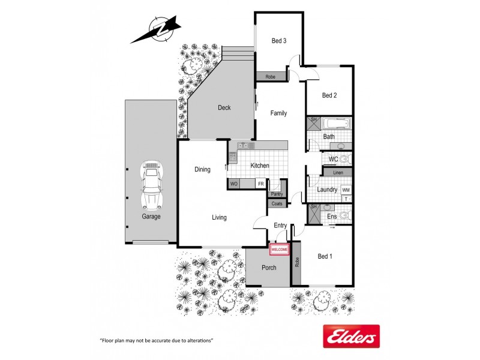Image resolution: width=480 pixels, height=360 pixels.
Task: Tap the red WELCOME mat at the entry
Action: click(280, 249)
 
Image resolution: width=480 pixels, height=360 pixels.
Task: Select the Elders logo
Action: click(351, 336)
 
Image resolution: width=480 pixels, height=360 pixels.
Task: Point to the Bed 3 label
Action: click(279, 41)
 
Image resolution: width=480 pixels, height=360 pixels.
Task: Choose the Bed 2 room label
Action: click(329, 95)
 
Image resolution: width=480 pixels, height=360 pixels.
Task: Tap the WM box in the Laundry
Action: click(346, 190)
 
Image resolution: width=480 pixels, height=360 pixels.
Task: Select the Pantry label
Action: click(277, 194)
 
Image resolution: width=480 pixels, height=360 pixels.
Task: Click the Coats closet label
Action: click(277, 204)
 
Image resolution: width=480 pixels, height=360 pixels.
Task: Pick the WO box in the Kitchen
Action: click(235, 184)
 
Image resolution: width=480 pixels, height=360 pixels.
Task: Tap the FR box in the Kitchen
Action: click(261, 184)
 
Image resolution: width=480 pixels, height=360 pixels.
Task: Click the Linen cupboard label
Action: click(338, 173)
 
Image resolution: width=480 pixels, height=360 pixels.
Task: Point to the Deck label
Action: click(224, 108)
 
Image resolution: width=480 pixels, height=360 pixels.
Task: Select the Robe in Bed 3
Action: click(271, 77)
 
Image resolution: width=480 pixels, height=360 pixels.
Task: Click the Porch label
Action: click(269, 268)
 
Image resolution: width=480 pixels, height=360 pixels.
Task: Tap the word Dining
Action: click(202, 169)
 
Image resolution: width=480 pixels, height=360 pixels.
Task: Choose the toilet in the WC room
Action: click(345, 160)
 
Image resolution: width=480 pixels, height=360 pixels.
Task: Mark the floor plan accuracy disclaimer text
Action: click(157, 340)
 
